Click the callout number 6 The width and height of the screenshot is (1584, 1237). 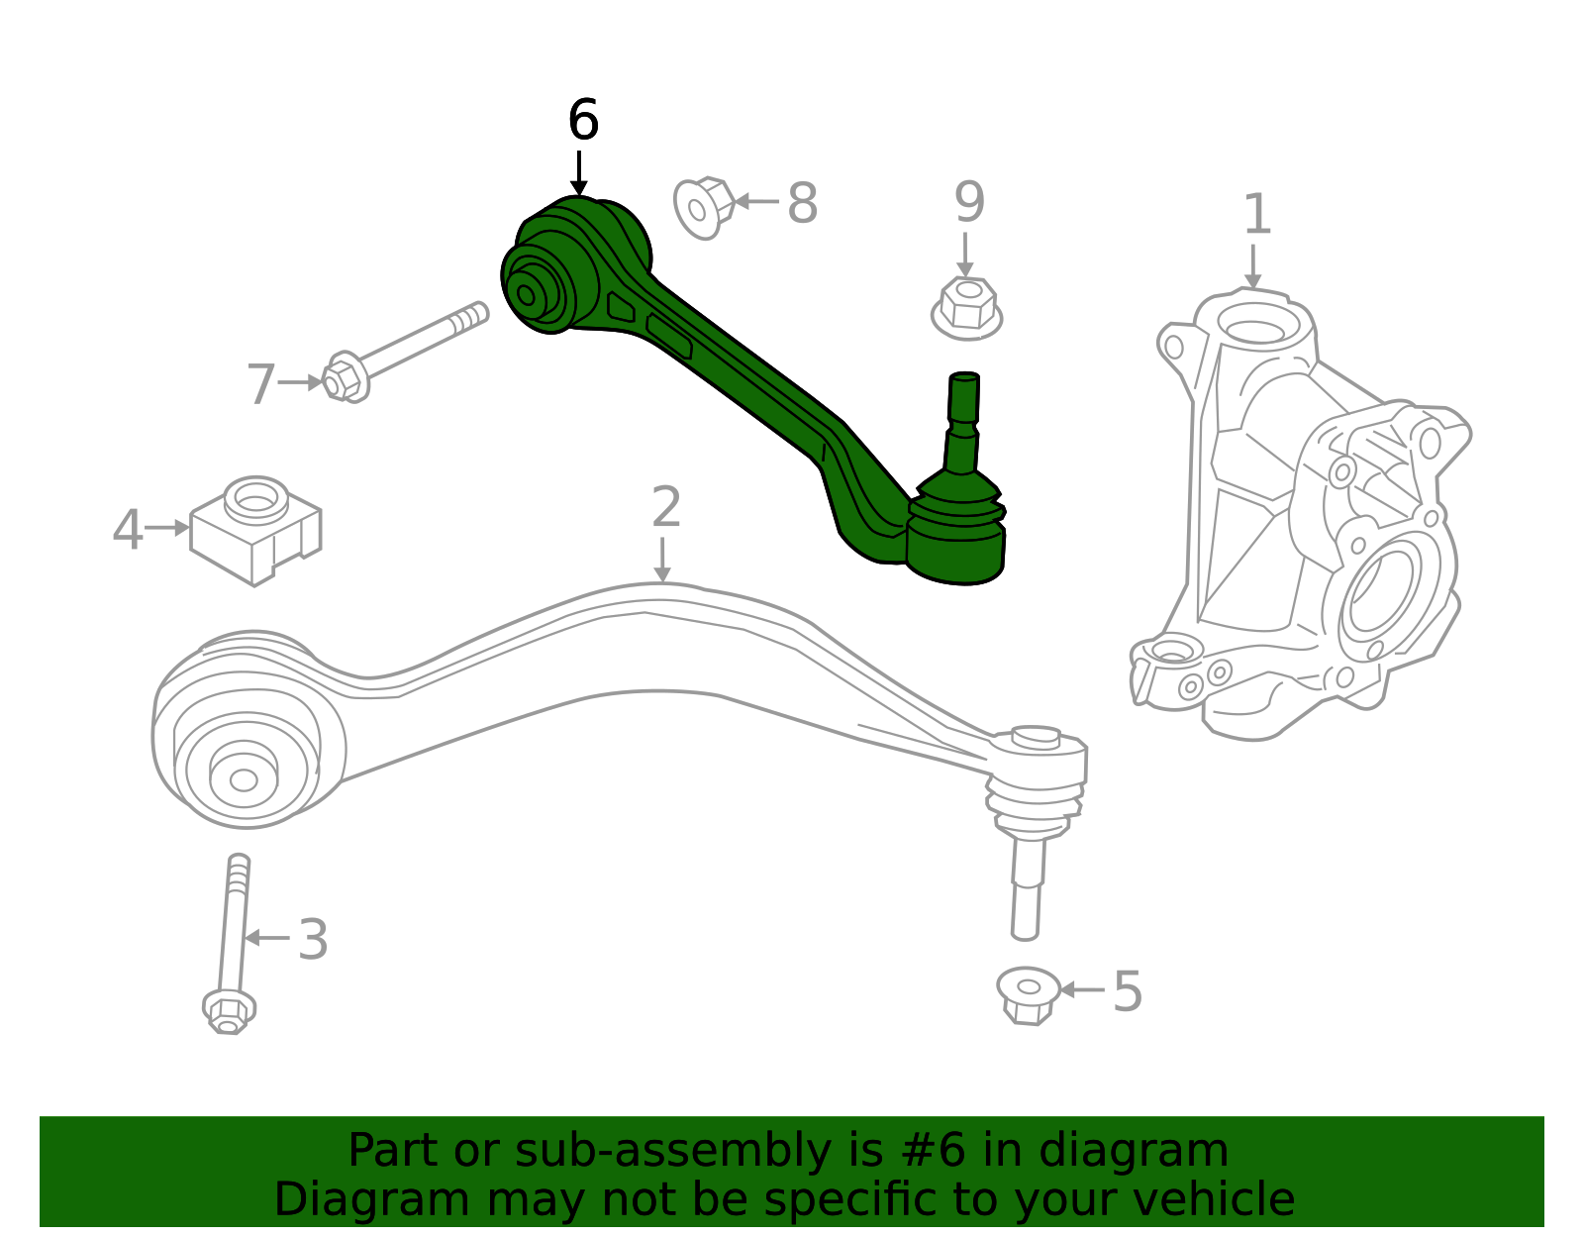click(583, 121)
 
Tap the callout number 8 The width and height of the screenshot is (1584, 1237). click(802, 204)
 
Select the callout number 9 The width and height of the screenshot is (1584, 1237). click(969, 202)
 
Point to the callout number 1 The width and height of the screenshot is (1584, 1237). click(1256, 215)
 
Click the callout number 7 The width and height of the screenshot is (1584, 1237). click(260, 384)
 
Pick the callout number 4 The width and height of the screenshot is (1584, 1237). click(128, 530)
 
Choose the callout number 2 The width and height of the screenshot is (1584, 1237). click(666, 507)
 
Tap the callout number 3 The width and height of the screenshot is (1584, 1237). click(313, 940)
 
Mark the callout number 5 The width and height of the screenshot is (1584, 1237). click(1128, 991)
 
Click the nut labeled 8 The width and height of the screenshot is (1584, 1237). click(702, 207)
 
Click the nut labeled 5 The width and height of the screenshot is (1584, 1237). click(1028, 993)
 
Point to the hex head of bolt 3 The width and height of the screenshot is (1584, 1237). click(229, 1011)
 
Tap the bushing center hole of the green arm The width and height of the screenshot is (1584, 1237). click(527, 294)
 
